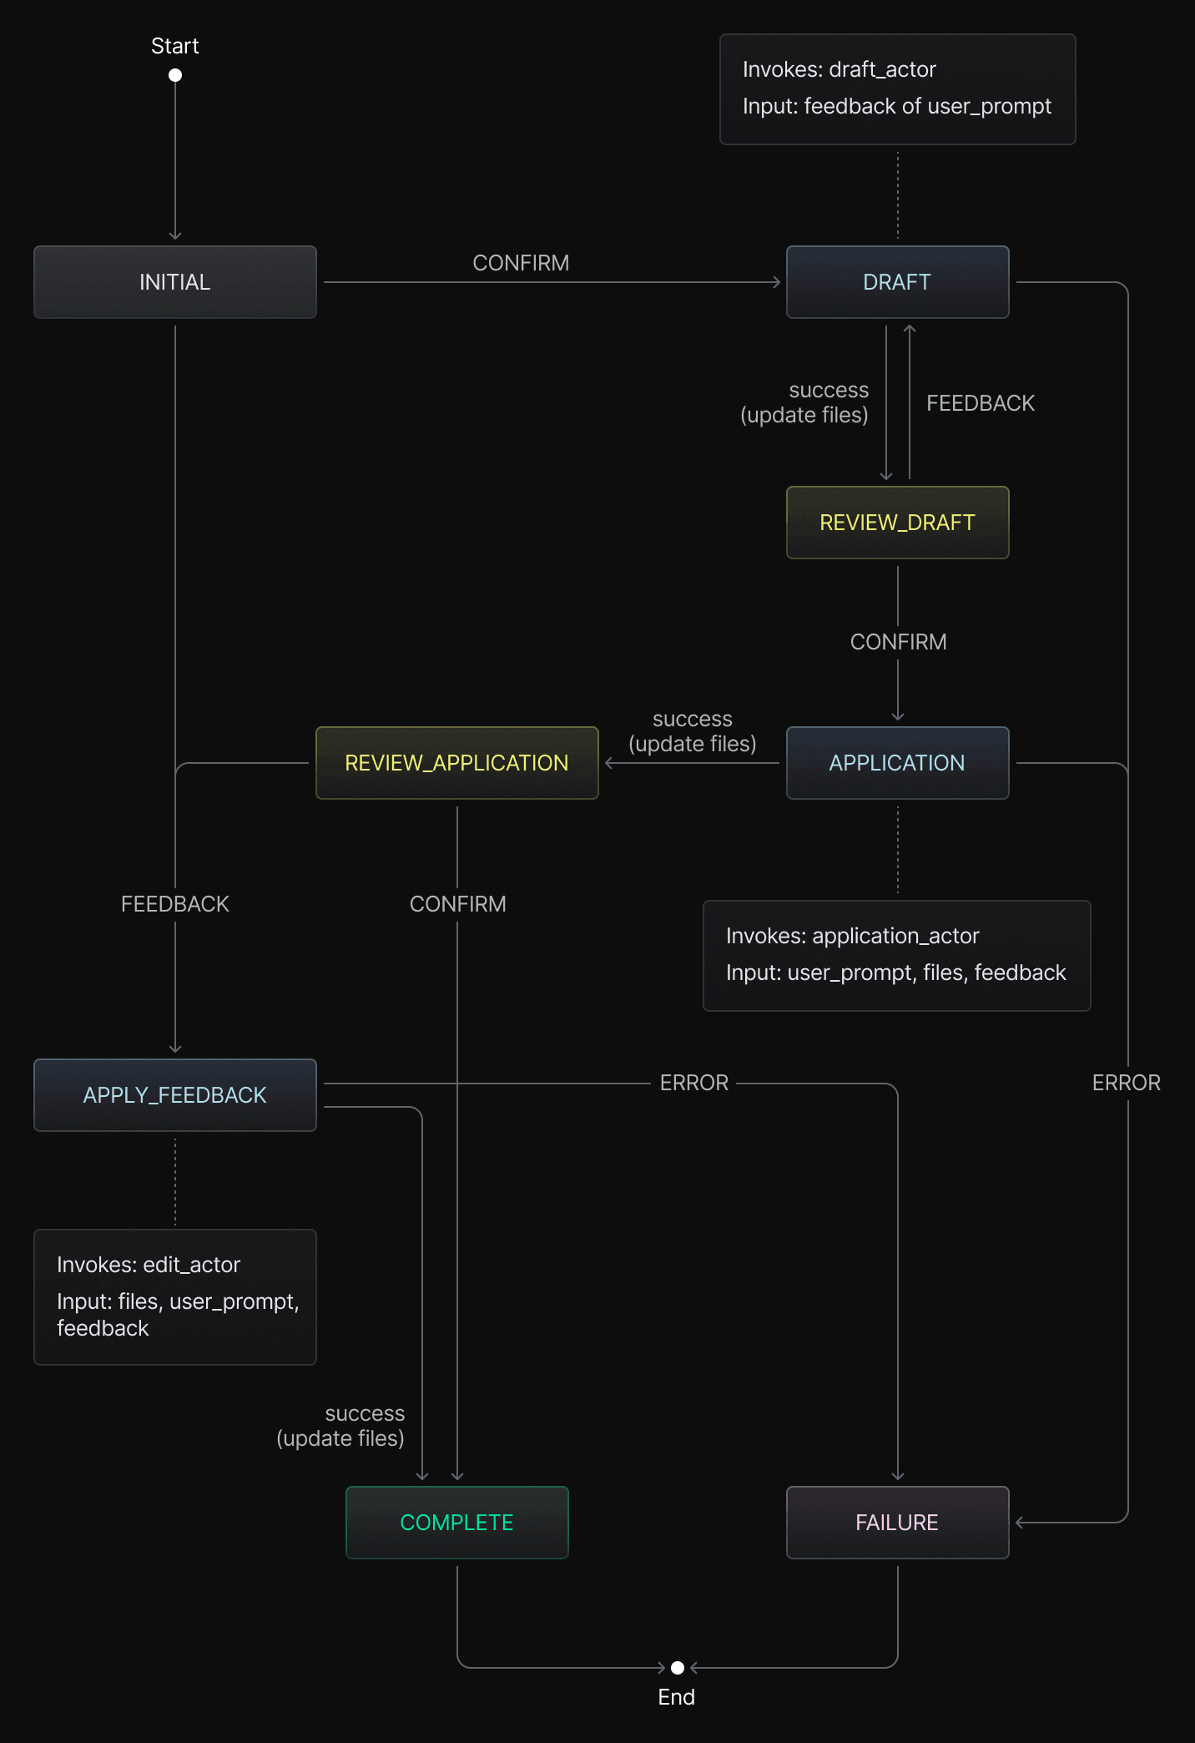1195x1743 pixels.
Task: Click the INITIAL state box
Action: [175, 282]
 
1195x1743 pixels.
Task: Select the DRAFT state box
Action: [897, 282]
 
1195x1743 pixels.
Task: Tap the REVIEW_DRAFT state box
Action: [897, 523]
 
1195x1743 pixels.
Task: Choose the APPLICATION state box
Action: [897, 763]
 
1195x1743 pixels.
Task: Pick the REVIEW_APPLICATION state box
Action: [456, 763]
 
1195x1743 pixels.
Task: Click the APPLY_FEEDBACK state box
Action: [175, 1095]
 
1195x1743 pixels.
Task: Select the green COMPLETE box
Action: [456, 1523]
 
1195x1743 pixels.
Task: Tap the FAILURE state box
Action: [897, 1523]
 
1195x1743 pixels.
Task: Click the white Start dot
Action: [175, 75]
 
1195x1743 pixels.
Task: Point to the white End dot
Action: [678, 1668]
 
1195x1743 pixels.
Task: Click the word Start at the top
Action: [175, 46]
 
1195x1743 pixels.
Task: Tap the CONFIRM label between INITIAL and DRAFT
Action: [521, 263]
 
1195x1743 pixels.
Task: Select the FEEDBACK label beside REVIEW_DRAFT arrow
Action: [980, 403]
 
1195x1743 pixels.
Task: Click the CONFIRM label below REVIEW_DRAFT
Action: [898, 642]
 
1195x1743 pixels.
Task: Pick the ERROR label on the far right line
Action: [1127, 1083]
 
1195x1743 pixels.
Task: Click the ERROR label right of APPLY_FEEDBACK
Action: [694, 1083]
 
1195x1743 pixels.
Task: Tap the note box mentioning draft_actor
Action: [897, 88]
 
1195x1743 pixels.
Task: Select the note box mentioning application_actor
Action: [896, 955]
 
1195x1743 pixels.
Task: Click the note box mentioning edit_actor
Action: [175, 1296]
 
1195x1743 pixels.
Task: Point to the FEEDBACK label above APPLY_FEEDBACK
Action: [175, 904]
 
